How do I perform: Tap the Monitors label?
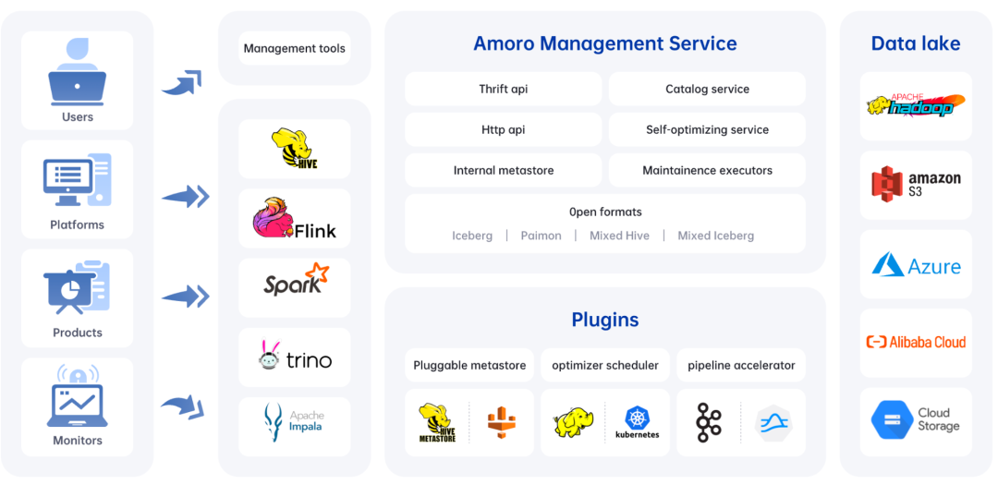point(78,441)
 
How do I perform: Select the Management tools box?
point(294,48)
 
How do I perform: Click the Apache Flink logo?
point(294,219)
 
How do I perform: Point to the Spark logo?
point(294,281)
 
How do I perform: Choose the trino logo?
point(294,358)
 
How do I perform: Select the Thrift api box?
point(504,90)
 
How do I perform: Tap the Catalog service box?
point(707,90)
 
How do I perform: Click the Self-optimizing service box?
point(707,130)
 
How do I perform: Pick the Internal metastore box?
point(504,171)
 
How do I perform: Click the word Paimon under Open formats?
point(541,236)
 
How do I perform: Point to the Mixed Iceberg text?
point(715,236)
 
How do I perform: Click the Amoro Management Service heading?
point(605,43)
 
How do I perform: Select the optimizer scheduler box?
point(605,365)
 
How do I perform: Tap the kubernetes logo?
point(638,422)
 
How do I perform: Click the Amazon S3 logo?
point(916,185)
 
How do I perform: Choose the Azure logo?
point(916,266)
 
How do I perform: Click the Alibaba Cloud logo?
point(916,342)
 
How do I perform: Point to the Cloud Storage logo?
point(916,420)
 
